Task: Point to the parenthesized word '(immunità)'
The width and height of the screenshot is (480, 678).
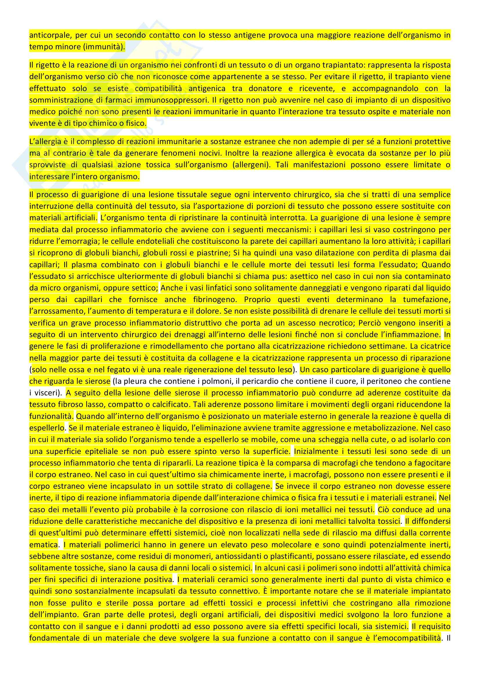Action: [x=106, y=47]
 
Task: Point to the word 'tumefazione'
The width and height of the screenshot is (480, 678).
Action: [x=427, y=299]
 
